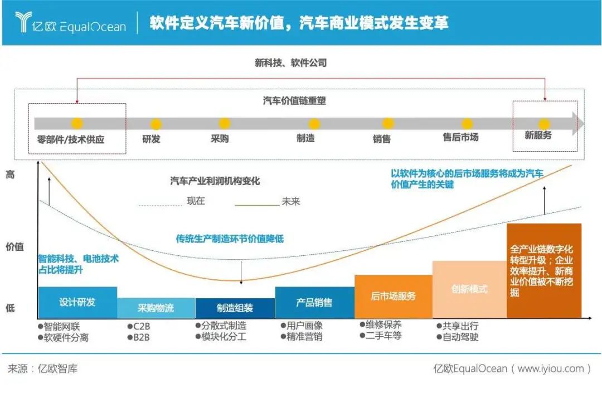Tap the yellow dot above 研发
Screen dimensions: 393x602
[x=156, y=124]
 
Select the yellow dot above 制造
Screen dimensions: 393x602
[x=314, y=124]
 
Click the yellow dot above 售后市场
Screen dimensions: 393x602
[x=467, y=124]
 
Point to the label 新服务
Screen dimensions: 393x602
[x=538, y=135]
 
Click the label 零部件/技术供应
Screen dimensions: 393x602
[x=71, y=139]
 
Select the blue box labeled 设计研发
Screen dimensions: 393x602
[x=77, y=302]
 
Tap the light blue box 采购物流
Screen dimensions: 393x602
[x=156, y=308]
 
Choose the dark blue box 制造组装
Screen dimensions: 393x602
[x=235, y=308]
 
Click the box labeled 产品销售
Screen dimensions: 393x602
[x=314, y=302]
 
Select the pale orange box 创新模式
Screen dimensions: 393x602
[x=469, y=289]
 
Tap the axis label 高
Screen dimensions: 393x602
[x=11, y=174]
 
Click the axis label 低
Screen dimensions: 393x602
[x=11, y=308]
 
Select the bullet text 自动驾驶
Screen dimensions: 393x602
[x=460, y=337]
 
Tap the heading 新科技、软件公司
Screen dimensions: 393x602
[x=291, y=63]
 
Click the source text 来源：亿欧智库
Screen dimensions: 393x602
[x=42, y=368]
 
